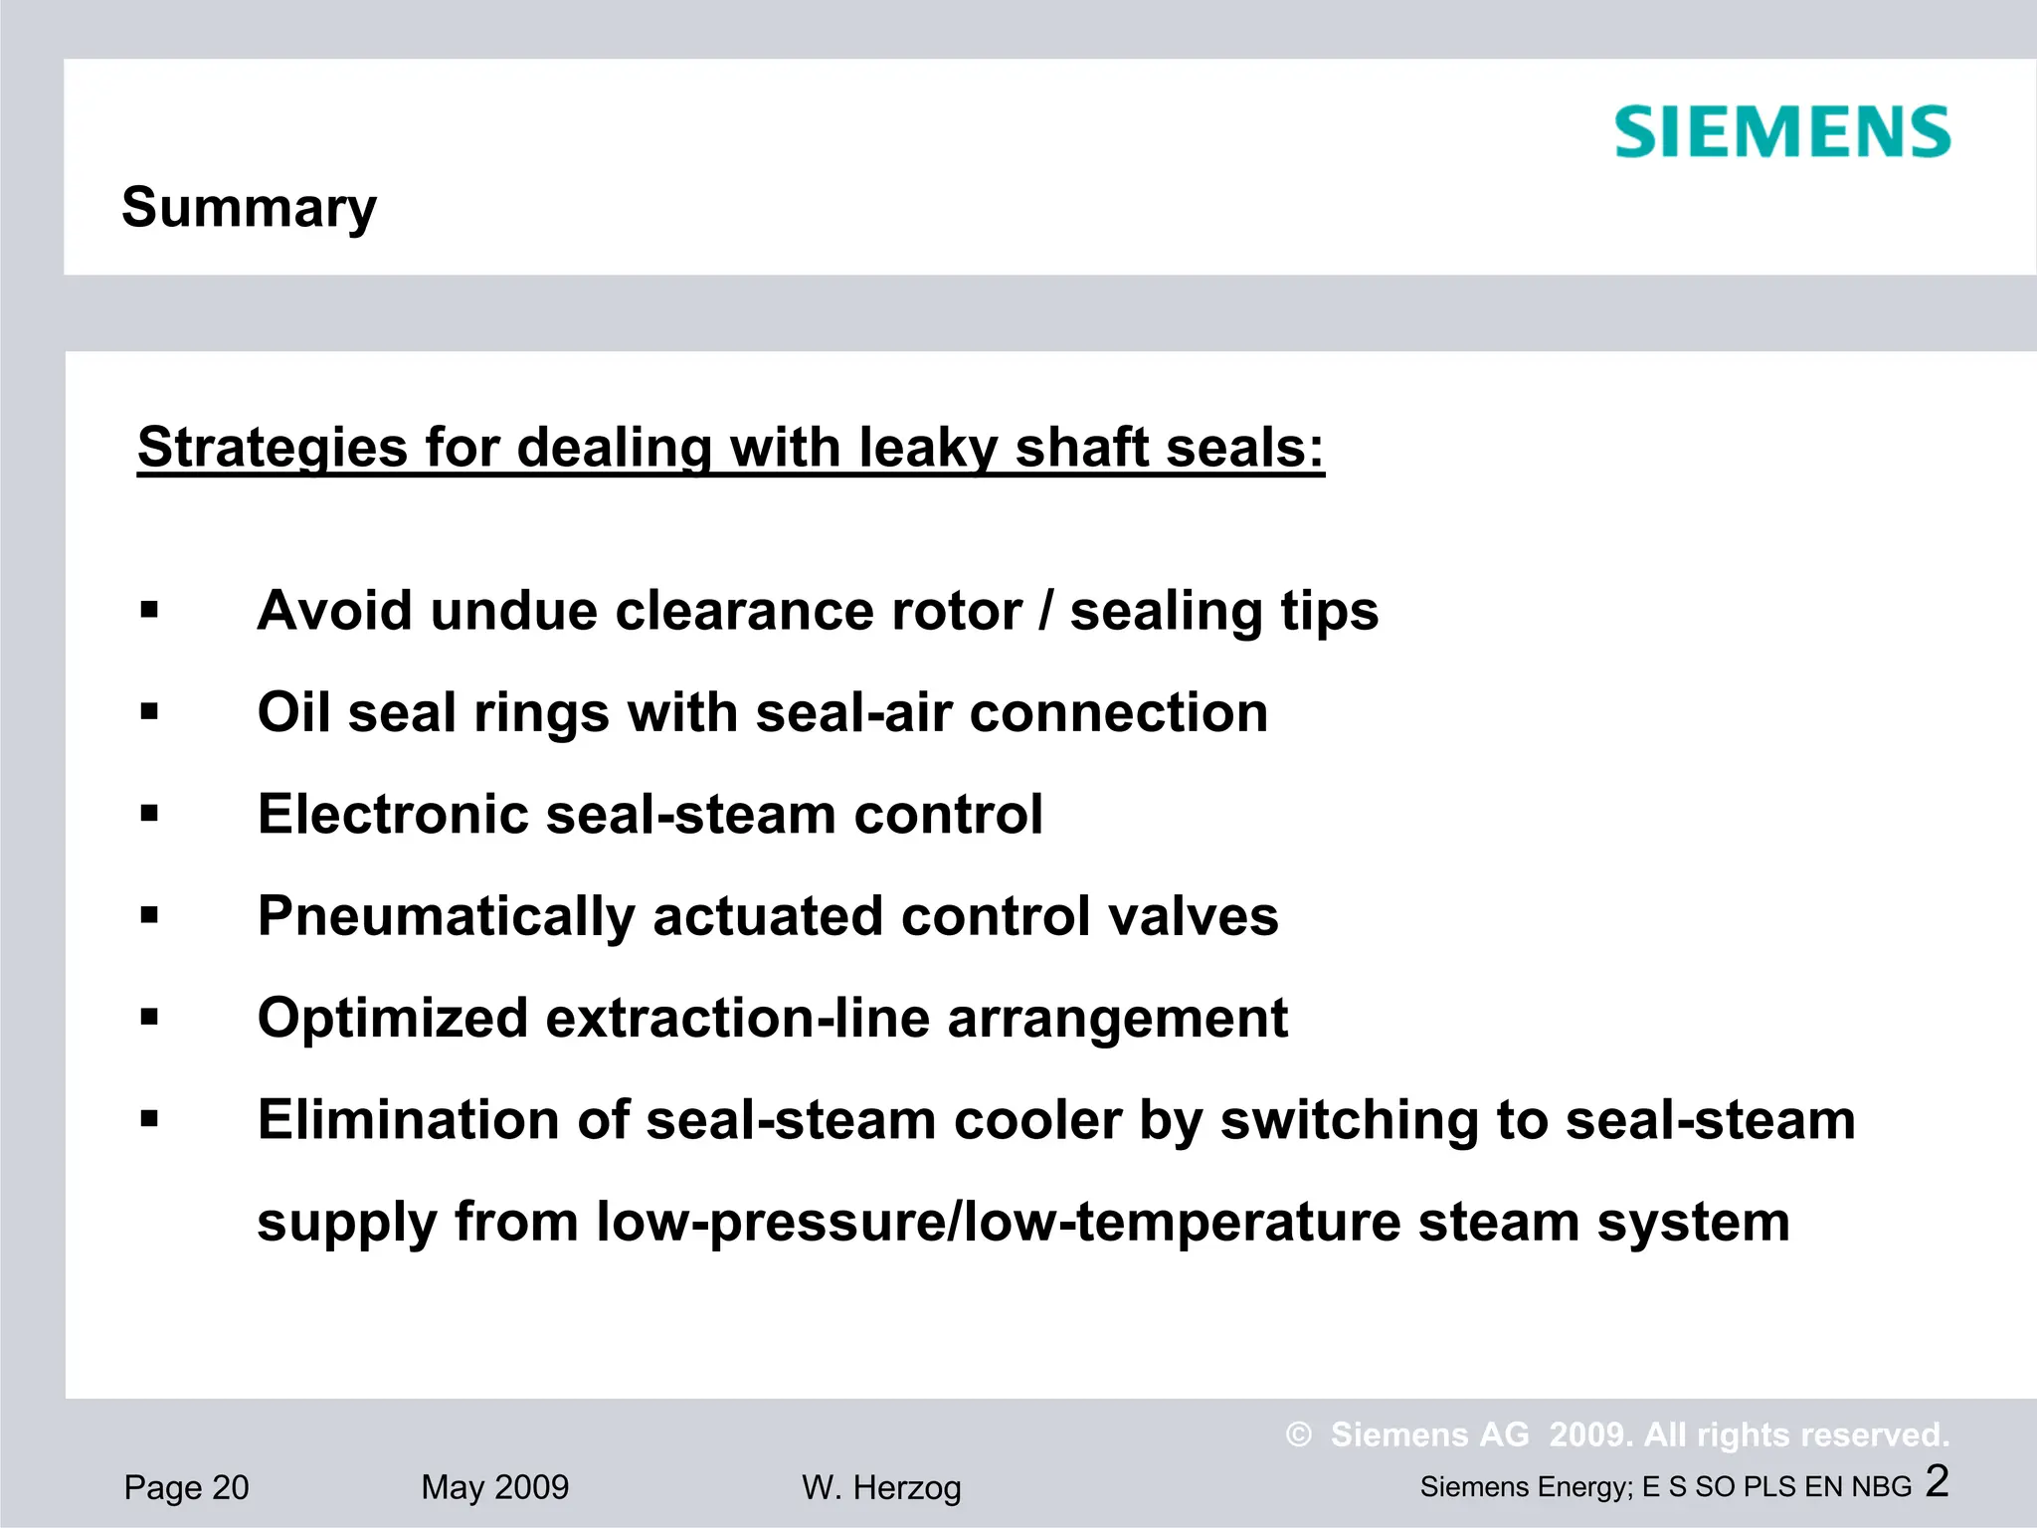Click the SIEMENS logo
1781,132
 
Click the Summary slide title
249,208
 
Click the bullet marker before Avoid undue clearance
149,610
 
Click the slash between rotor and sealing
1044,611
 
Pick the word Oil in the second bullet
293,712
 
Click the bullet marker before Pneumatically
149,915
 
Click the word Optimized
393,1018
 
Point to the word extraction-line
737,1018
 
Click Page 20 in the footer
186,1487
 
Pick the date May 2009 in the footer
494,1487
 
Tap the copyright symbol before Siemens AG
1298,1434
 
